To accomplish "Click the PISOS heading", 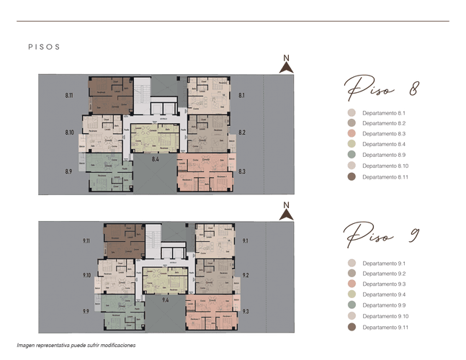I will coord(43,47).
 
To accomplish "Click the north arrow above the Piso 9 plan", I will coord(286,212).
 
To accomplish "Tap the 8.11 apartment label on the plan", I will coord(69,95).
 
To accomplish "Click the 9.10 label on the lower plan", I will coord(86,275).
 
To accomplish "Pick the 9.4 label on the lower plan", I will coord(166,298).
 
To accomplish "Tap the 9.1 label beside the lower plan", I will coord(245,241).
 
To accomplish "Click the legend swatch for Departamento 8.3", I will coord(351,134).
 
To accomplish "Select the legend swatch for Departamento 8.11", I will coord(351,176).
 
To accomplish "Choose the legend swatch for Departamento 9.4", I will coord(351,294).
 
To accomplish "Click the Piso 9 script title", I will coord(382,235).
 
